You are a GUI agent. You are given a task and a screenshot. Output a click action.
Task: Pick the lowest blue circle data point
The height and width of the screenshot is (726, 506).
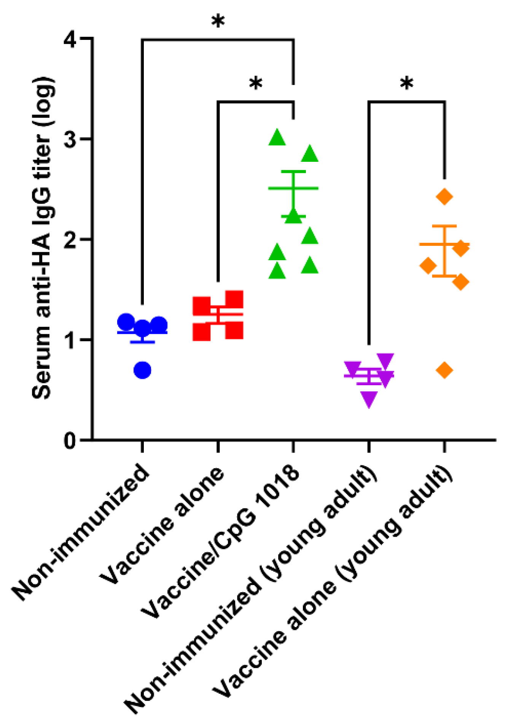click(x=143, y=370)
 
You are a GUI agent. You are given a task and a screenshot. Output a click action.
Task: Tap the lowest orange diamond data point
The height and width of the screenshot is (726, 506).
click(x=444, y=370)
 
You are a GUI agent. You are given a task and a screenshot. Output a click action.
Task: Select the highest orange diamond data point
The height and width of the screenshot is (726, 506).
click(x=444, y=196)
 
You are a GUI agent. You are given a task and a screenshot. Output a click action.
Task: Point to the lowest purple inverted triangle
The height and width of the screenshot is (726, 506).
click(x=369, y=399)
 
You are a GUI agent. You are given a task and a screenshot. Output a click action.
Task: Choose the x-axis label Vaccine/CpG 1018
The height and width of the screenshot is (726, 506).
click(x=221, y=541)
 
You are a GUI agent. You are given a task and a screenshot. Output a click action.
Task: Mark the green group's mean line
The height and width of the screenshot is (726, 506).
click(x=293, y=188)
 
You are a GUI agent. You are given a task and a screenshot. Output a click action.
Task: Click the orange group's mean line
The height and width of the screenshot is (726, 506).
click(x=444, y=244)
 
